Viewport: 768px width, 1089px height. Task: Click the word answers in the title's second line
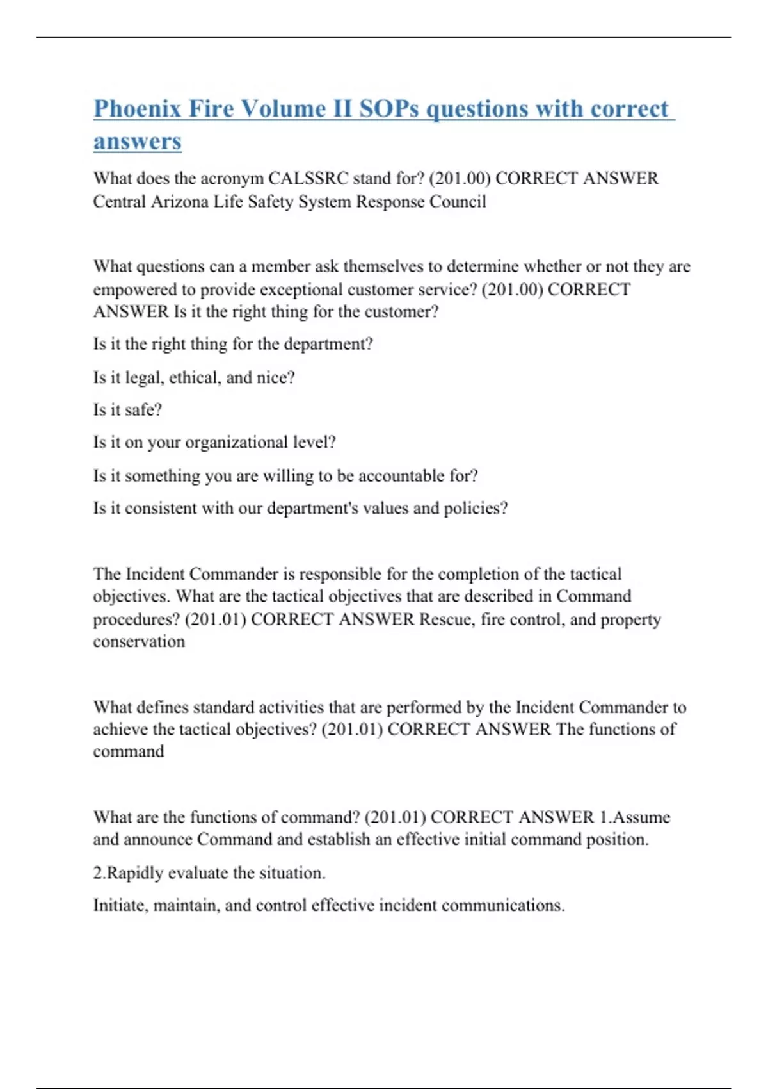(138, 141)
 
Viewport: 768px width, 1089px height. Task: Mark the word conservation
(139, 642)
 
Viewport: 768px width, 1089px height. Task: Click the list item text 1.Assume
(635, 817)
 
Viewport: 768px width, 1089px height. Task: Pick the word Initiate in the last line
(121, 906)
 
